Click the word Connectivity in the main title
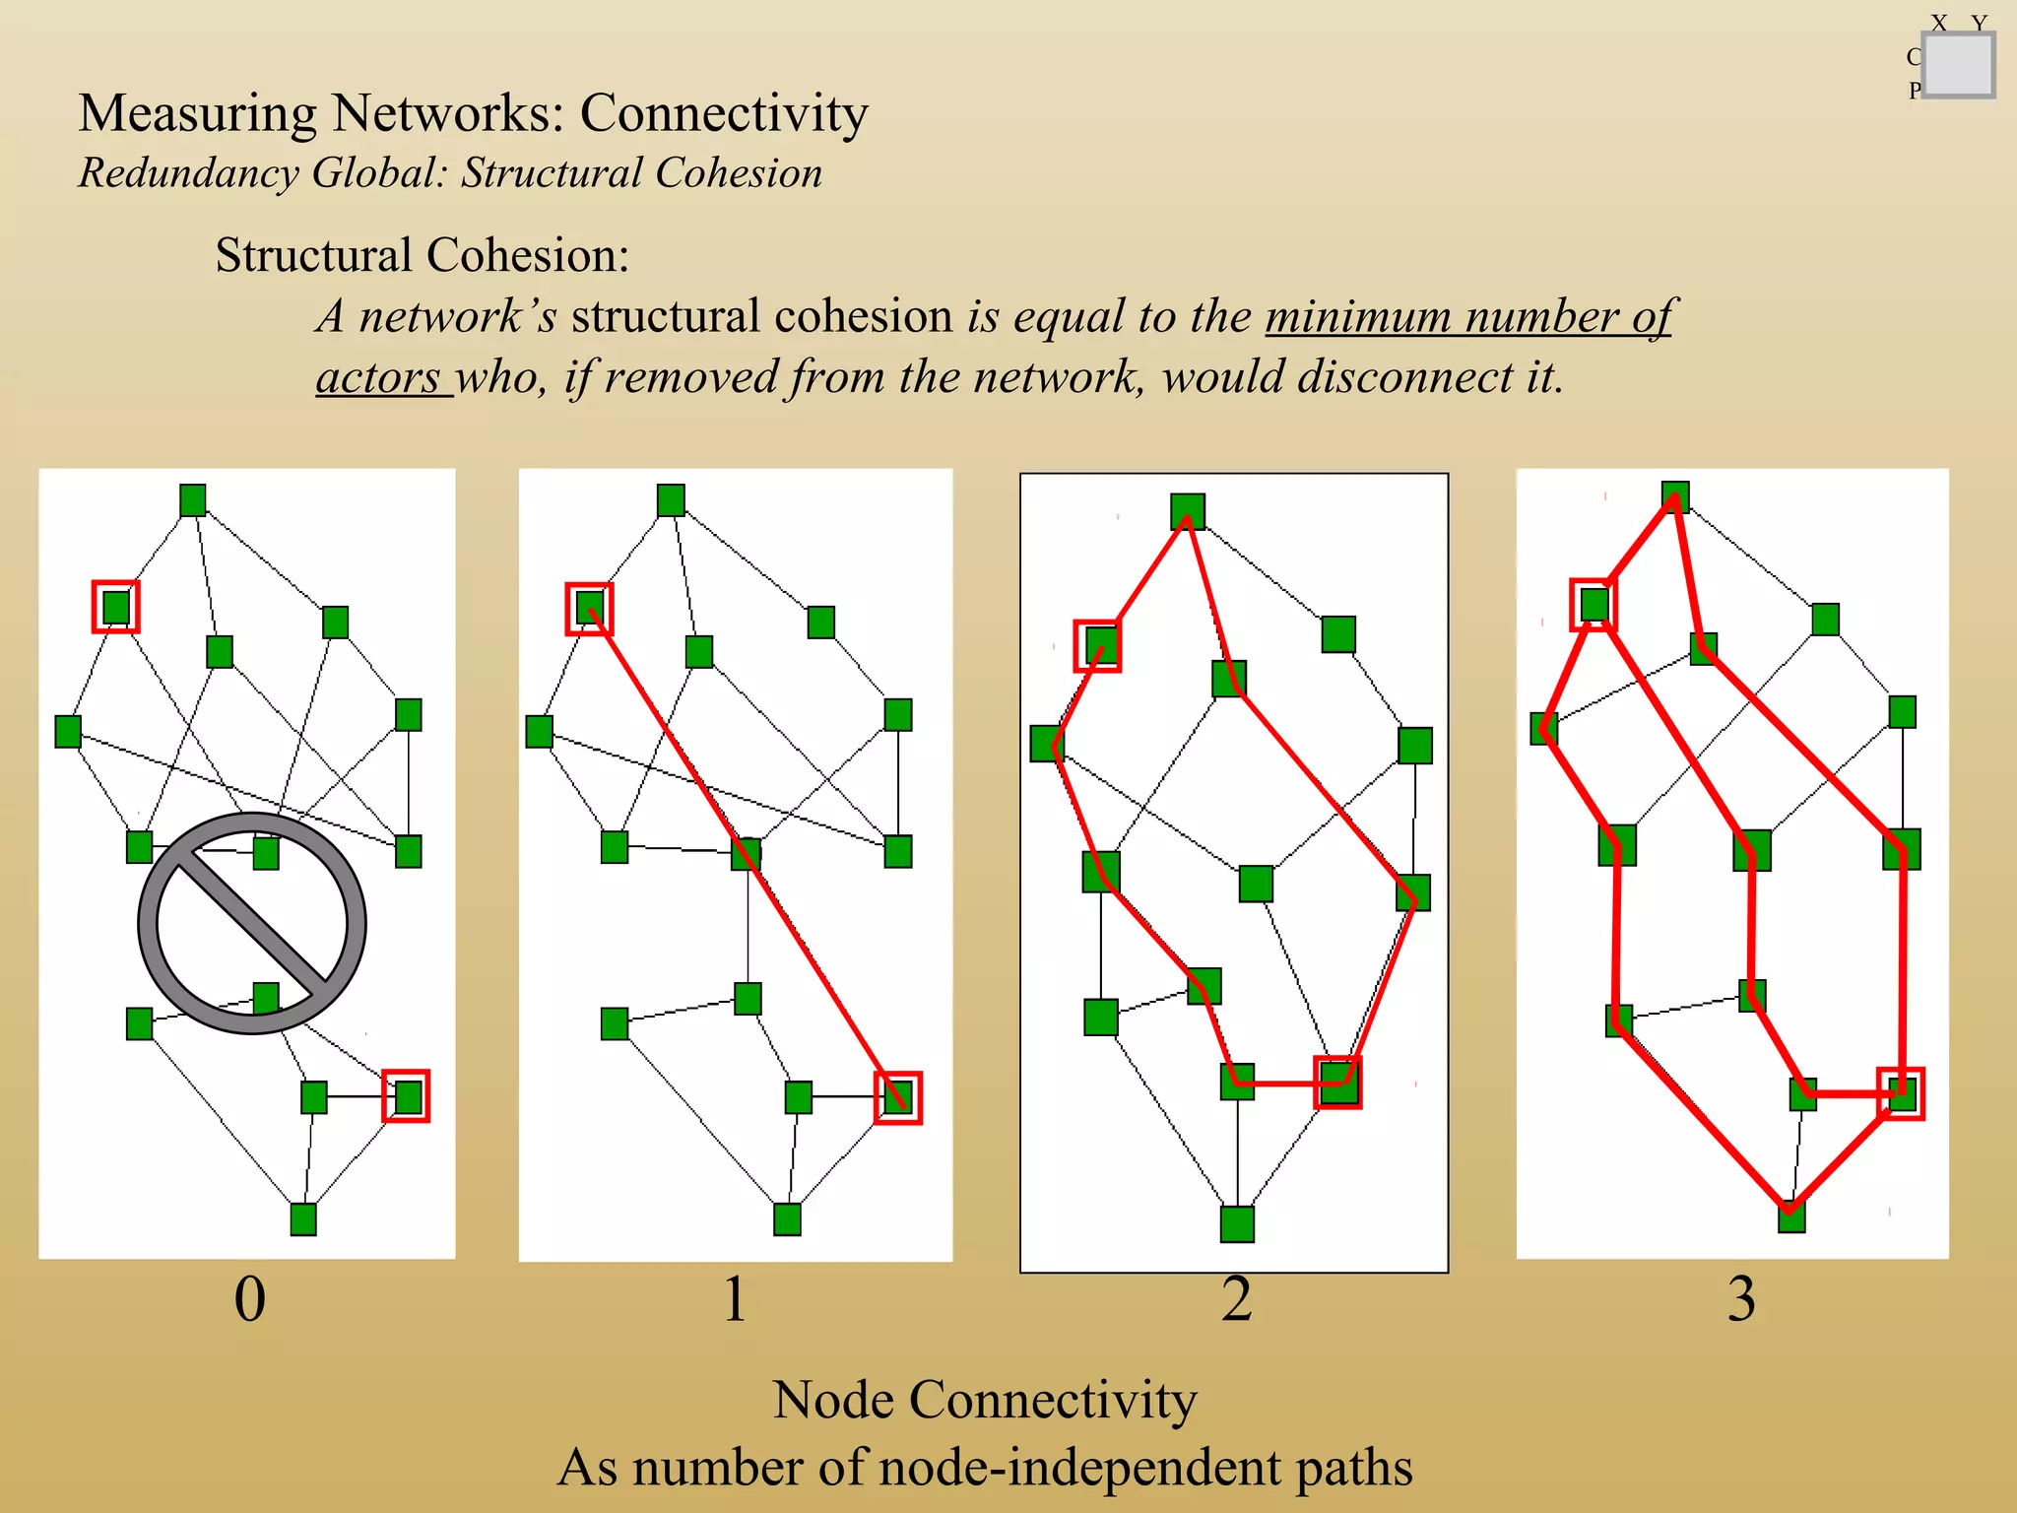[724, 113]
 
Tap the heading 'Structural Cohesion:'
[422, 255]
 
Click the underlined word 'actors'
[379, 377]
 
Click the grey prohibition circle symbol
[252, 923]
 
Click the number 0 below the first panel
[249, 1298]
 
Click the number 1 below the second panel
[735, 1298]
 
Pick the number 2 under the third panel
[1237, 1298]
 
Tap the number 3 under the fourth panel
[1741, 1298]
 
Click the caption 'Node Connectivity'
[984, 1400]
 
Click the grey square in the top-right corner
[1958, 65]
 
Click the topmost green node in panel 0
[193, 499]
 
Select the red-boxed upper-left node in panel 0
[116, 606]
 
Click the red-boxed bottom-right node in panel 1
[897, 1097]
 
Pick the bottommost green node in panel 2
[1237, 1223]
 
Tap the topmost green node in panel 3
[1675, 496]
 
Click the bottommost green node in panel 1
[787, 1219]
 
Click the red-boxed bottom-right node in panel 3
[1901, 1093]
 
